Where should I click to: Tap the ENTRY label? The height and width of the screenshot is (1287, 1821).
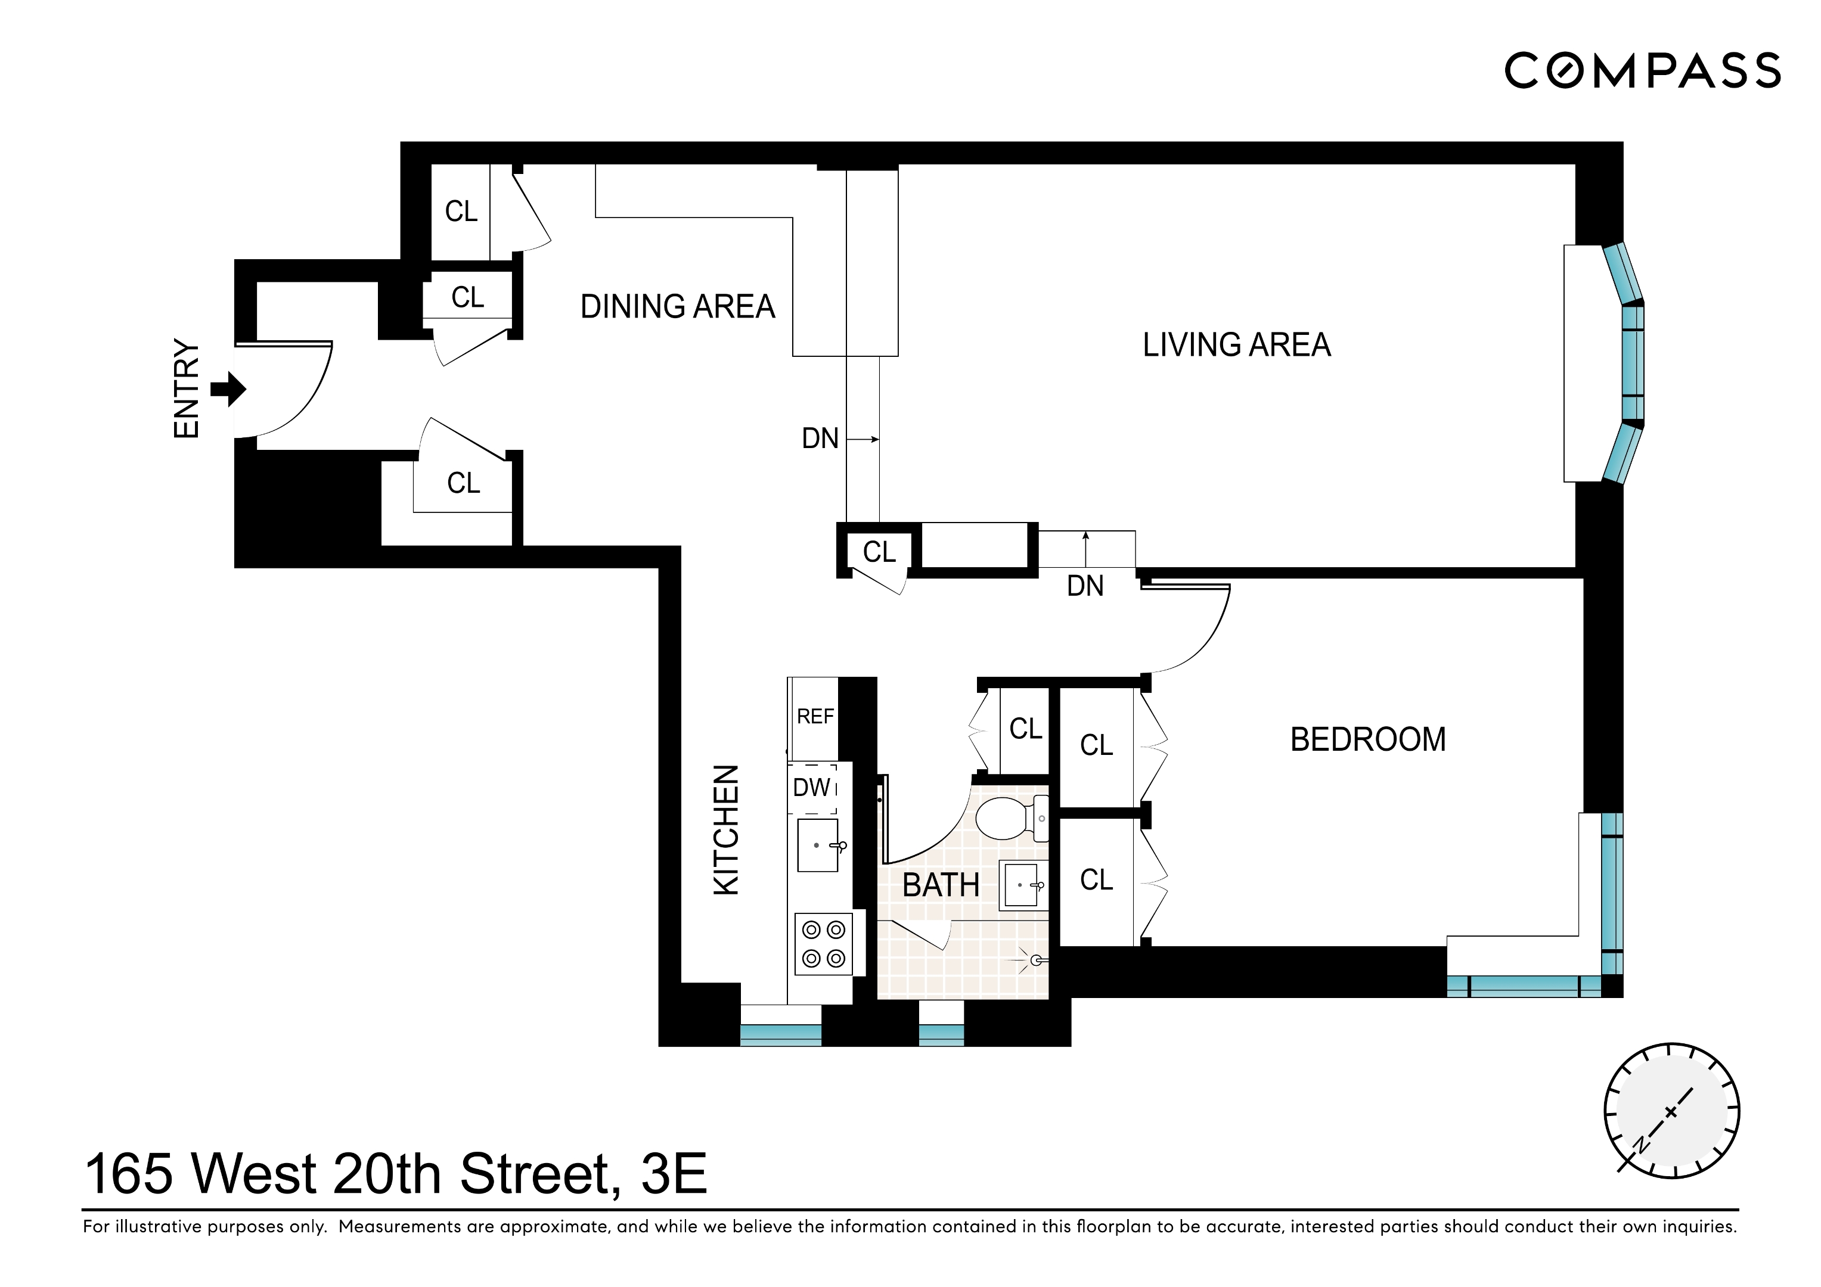(187, 389)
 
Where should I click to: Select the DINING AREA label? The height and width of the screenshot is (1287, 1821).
(677, 307)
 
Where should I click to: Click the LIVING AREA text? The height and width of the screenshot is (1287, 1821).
(1236, 345)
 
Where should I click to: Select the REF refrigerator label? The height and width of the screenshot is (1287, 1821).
(815, 717)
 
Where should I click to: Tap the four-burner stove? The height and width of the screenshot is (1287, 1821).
(823, 944)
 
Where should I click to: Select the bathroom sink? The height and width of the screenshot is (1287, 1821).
(1022, 885)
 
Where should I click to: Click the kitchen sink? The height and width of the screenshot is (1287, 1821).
(818, 845)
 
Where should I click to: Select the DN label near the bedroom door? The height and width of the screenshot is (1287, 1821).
(1085, 586)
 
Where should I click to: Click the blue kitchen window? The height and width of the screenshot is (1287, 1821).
(780, 1034)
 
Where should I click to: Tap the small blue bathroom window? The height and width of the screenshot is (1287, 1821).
(941, 1034)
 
